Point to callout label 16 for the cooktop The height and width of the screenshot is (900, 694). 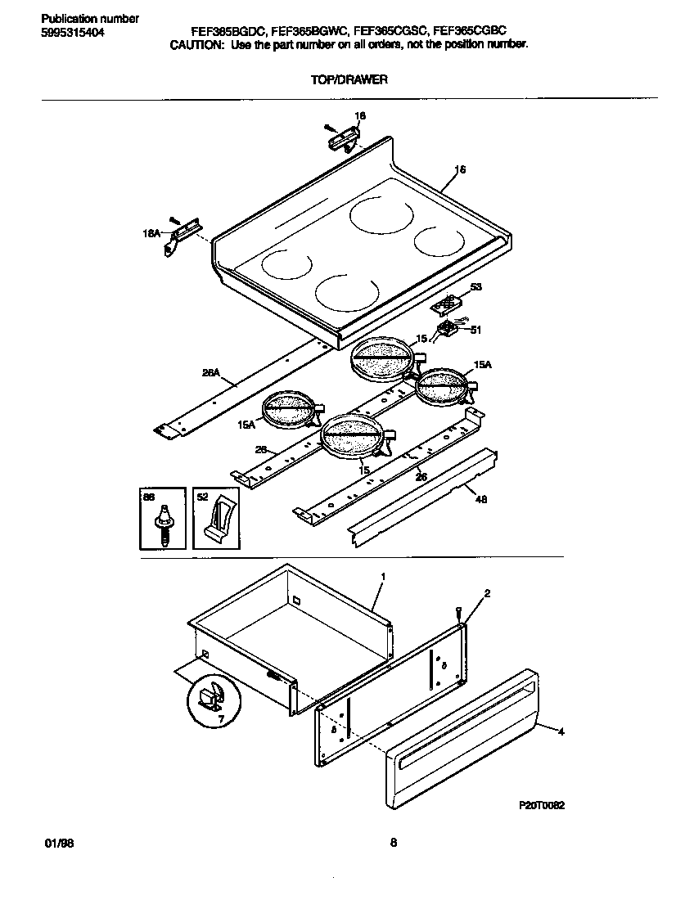point(460,170)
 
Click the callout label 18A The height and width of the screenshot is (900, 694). point(151,234)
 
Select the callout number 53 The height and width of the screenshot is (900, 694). point(475,287)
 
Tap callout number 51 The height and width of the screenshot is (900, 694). point(475,331)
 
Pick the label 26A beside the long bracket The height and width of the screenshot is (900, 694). point(210,373)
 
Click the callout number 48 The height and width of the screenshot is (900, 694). point(480,500)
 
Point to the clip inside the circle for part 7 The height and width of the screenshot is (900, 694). point(210,698)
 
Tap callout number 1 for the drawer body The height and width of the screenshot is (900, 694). point(382,577)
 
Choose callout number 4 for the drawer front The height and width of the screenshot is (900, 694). point(561,732)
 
